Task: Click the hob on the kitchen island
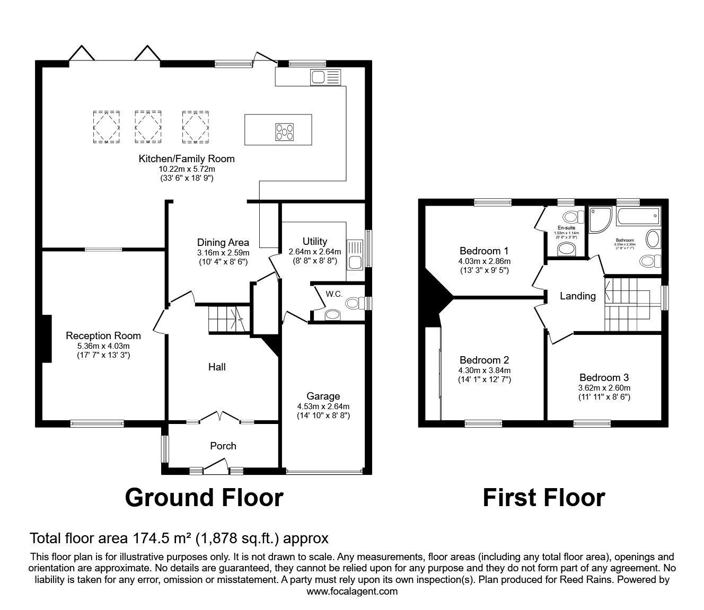(284, 131)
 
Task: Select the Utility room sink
(355, 261)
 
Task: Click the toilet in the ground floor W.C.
(354, 303)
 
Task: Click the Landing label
(577, 296)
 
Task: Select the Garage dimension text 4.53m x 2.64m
(323, 406)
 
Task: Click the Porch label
(223, 446)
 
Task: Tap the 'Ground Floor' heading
(204, 498)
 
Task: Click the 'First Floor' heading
(543, 498)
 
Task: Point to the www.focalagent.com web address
(352, 591)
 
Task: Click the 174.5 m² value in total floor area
(161, 538)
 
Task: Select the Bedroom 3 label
(604, 377)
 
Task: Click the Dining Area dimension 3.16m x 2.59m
(223, 252)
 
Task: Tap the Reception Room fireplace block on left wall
(47, 339)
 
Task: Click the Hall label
(217, 367)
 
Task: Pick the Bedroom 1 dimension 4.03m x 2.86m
(484, 261)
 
